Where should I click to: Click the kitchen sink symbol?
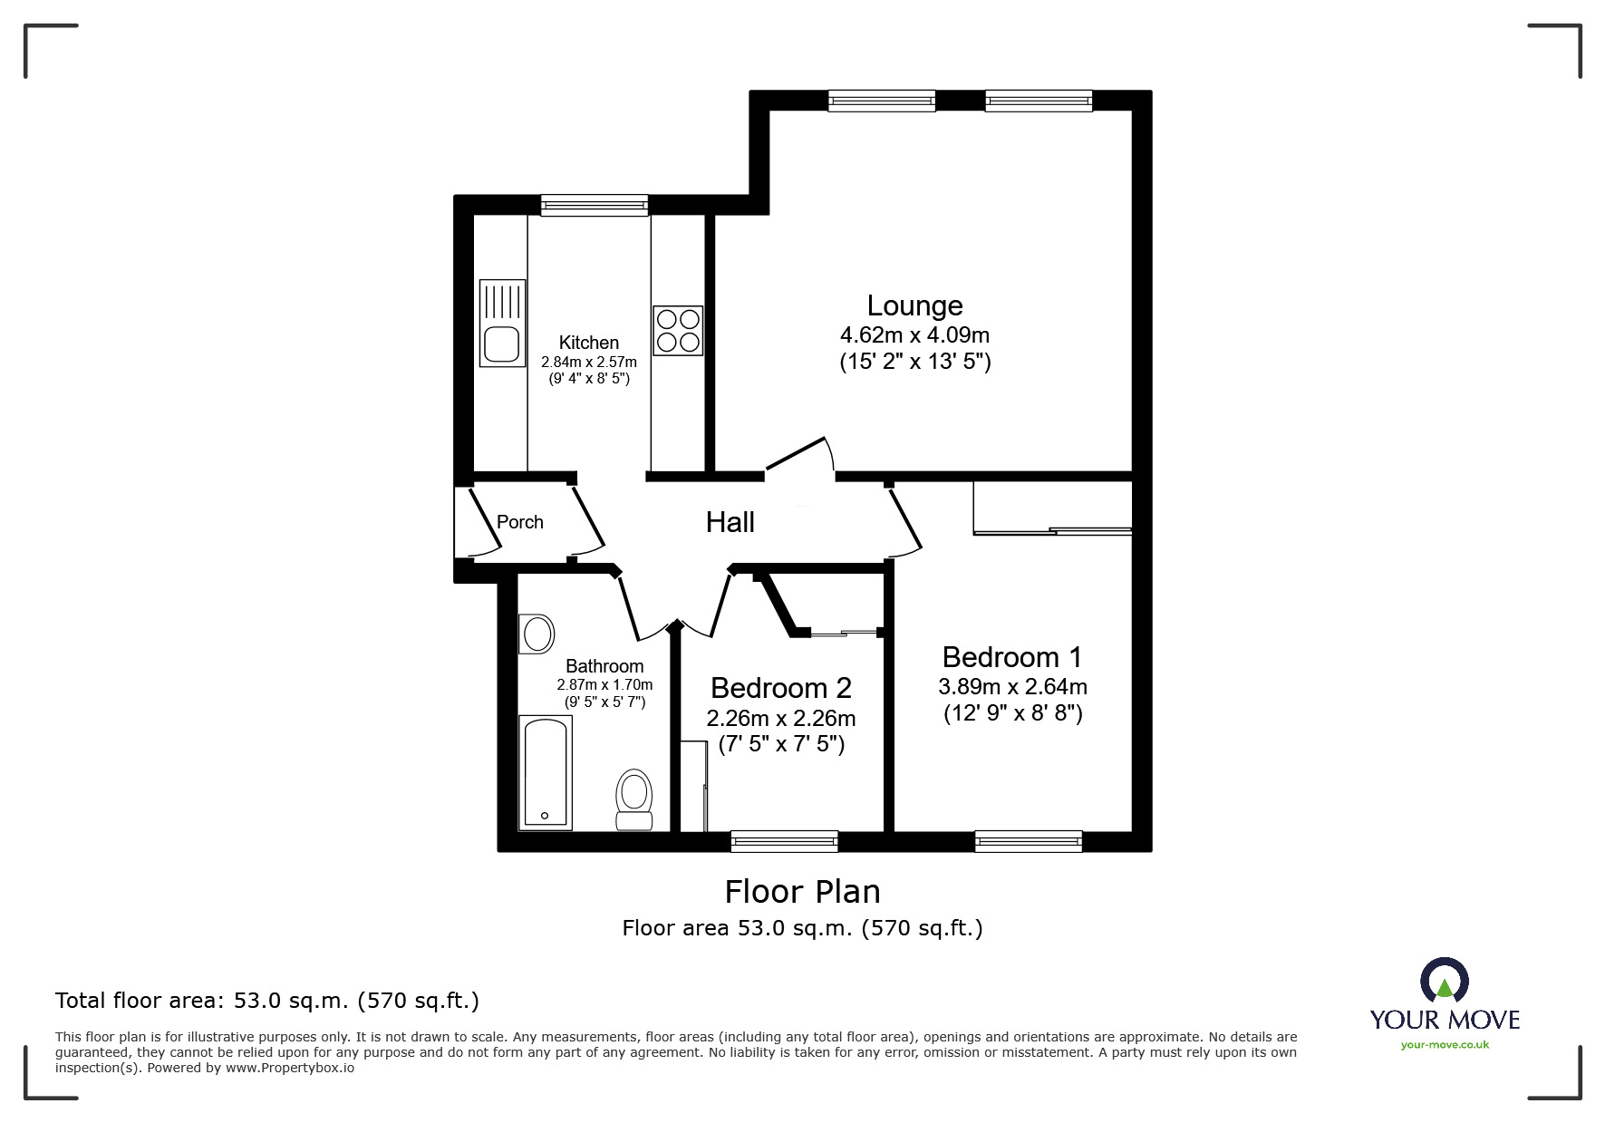(x=502, y=323)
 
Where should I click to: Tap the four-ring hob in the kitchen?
(x=678, y=330)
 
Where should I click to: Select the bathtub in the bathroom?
(x=546, y=772)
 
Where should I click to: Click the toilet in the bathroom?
(x=634, y=799)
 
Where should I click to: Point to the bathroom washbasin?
(x=537, y=634)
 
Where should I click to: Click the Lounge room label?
(x=914, y=305)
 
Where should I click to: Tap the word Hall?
(x=730, y=522)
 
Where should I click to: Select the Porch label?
(x=520, y=522)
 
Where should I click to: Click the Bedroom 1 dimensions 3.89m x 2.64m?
(x=1012, y=687)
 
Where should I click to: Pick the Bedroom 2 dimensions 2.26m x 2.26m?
(x=780, y=719)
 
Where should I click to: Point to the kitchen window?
(x=595, y=206)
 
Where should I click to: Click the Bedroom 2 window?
(x=784, y=842)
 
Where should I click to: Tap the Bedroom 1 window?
(x=1029, y=842)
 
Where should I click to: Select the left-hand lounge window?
(x=882, y=101)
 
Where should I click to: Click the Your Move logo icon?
(x=1444, y=981)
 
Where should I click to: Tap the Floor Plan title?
(x=802, y=892)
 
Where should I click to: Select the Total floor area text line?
(x=267, y=1001)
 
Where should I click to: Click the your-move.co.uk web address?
(x=1445, y=1045)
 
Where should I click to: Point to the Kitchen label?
(x=589, y=343)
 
